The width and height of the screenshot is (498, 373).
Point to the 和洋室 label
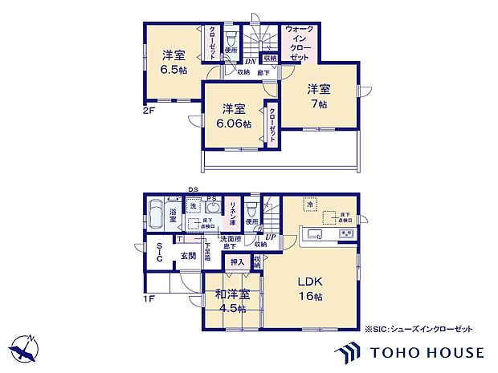tap(232, 294)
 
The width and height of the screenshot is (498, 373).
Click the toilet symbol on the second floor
tap(231, 38)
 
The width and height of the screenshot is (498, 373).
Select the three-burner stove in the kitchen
tap(346, 233)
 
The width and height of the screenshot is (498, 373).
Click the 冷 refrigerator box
tap(308, 205)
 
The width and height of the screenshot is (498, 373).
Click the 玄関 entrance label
tap(187, 257)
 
